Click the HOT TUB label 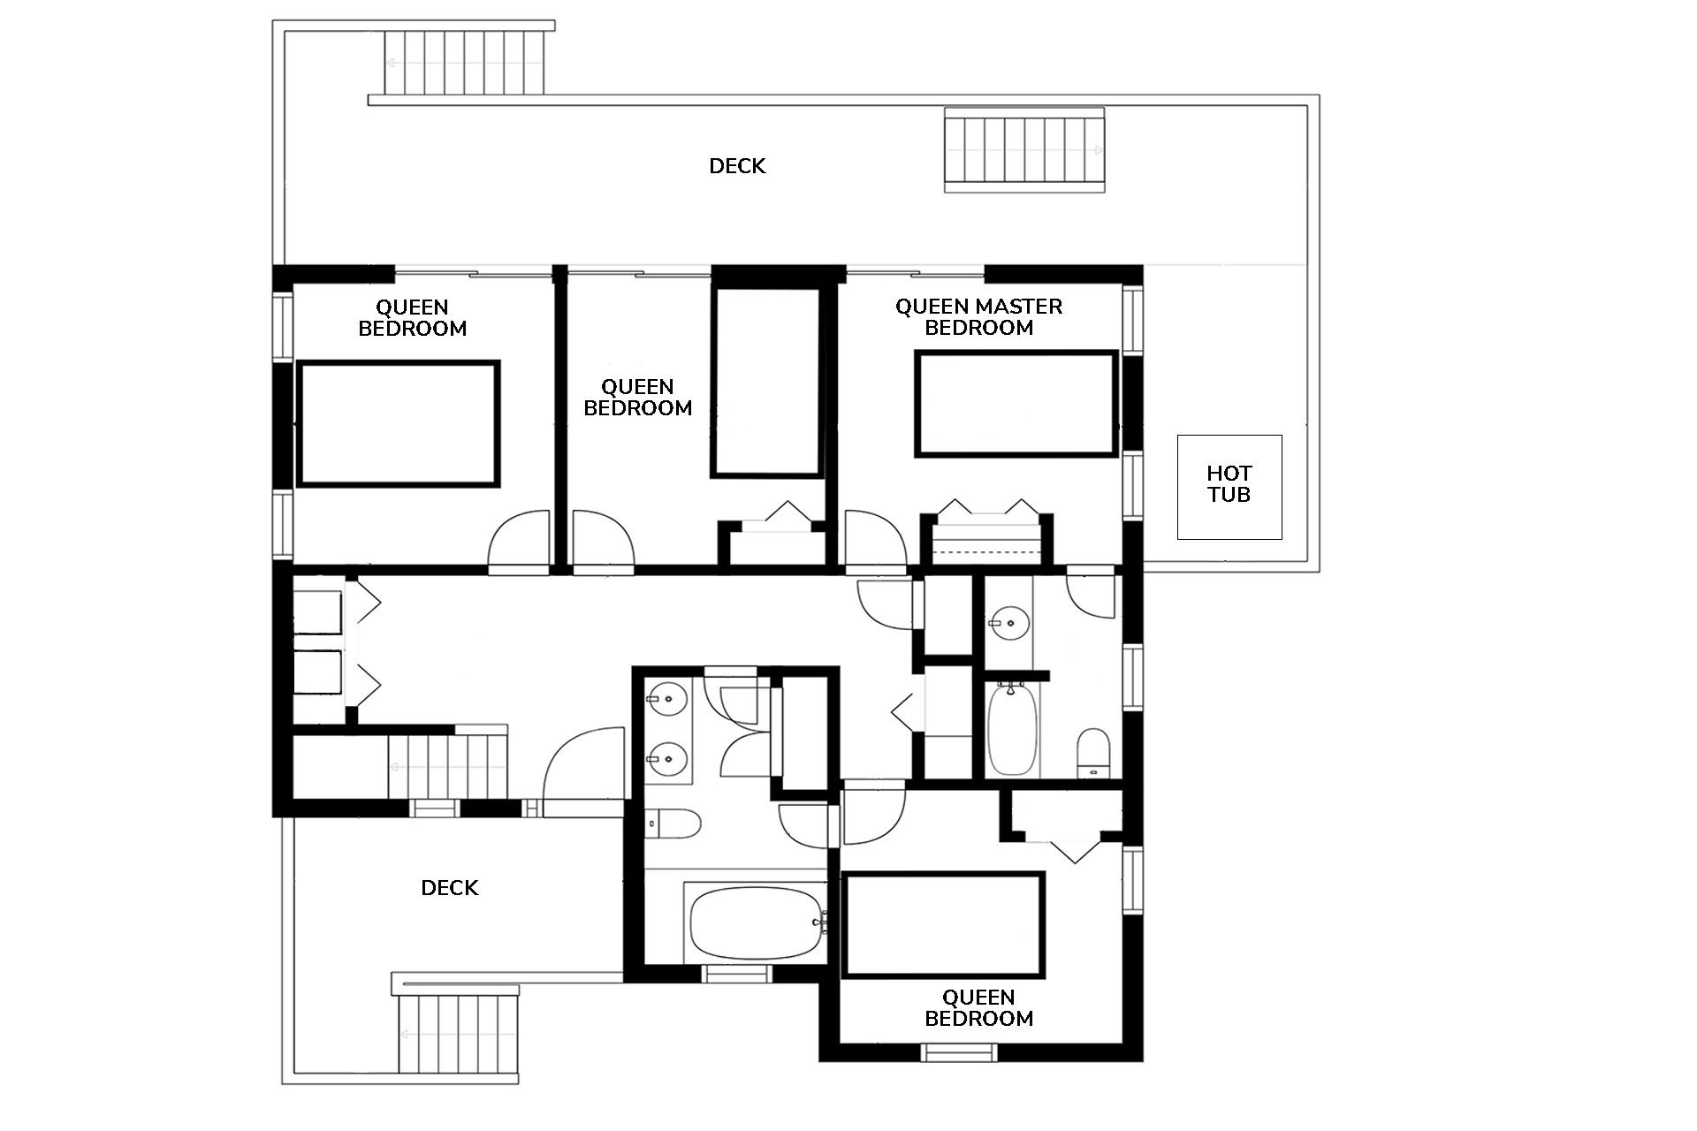(x=1229, y=484)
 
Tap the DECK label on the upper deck (x=737, y=166)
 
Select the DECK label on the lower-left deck (x=450, y=888)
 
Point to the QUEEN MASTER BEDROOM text (x=978, y=317)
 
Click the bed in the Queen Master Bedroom (x=1016, y=404)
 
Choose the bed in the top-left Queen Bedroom (x=399, y=423)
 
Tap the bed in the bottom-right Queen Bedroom (x=943, y=925)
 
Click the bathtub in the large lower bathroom (x=756, y=922)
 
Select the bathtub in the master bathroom (x=1012, y=730)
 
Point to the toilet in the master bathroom (x=1093, y=753)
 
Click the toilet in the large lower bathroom (x=673, y=824)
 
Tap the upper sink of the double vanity (x=667, y=699)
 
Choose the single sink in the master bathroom (x=1009, y=624)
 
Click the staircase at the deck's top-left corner (x=465, y=62)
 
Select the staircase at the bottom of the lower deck (x=459, y=1034)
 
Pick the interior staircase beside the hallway (x=448, y=764)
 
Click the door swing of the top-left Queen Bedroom (x=519, y=540)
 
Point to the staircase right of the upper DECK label (x=1025, y=149)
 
